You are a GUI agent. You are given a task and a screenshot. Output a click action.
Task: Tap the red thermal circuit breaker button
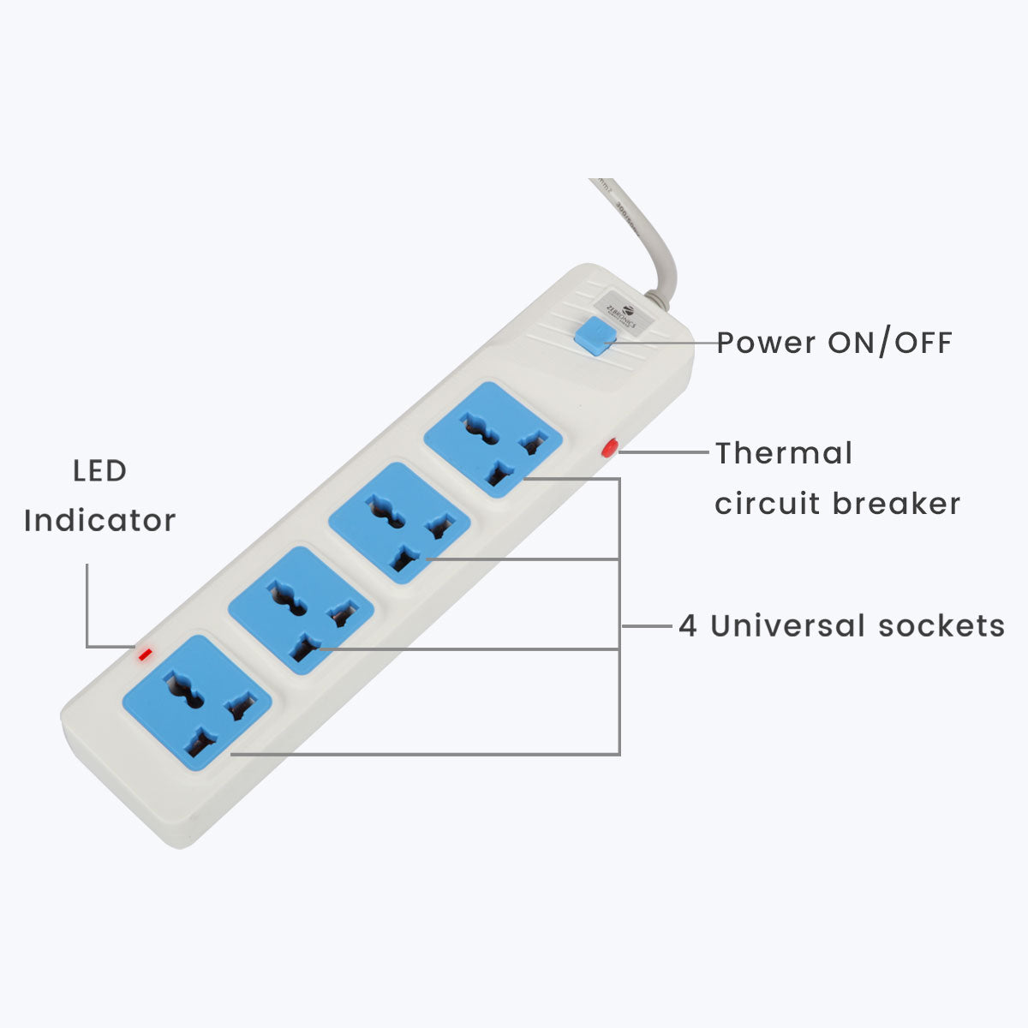click(x=610, y=447)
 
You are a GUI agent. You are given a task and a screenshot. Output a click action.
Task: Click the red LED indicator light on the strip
click(x=145, y=655)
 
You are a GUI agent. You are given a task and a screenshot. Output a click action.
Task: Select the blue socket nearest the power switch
click(x=493, y=439)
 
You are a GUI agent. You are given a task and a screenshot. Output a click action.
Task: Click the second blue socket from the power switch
click(x=399, y=523)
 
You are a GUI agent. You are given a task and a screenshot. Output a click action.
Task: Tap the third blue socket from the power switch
click(x=301, y=611)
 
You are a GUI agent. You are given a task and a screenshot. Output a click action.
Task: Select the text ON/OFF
click(x=889, y=343)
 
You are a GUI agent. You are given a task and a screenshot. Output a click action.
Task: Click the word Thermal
click(x=784, y=453)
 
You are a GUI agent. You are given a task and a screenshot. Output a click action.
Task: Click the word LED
click(x=99, y=470)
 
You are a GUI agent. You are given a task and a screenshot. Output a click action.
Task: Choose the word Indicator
click(x=99, y=520)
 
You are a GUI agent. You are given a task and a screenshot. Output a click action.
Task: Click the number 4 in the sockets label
click(x=687, y=626)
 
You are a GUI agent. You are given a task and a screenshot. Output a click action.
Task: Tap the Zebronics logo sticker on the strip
click(x=623, y=314)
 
